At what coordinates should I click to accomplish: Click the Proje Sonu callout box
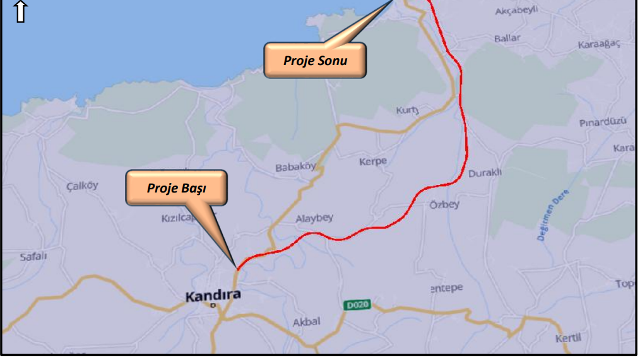pos(315,60)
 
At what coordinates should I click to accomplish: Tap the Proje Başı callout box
pos(177,188)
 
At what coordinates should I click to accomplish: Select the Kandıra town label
pos(213,296)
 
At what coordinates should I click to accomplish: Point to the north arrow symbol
pos(20,11)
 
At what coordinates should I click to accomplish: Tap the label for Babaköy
pos(296,168)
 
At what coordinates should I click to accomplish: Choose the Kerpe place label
pos(373,162)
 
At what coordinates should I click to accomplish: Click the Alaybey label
pos(314,218)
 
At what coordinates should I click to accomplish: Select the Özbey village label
pos(444,205)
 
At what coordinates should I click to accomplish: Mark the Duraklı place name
pos(485,173)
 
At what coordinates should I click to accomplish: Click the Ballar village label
pos(507,38)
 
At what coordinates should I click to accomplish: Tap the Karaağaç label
pos(599,45)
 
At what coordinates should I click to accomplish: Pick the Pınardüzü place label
pos(603,123)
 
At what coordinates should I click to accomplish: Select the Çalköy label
pos(82,186)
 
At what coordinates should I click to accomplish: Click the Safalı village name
pos(33,257)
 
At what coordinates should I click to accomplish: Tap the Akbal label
pos(306,321)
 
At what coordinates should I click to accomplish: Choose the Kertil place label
pos(569,338)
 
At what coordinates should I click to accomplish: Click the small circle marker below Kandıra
pos(213,305)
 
